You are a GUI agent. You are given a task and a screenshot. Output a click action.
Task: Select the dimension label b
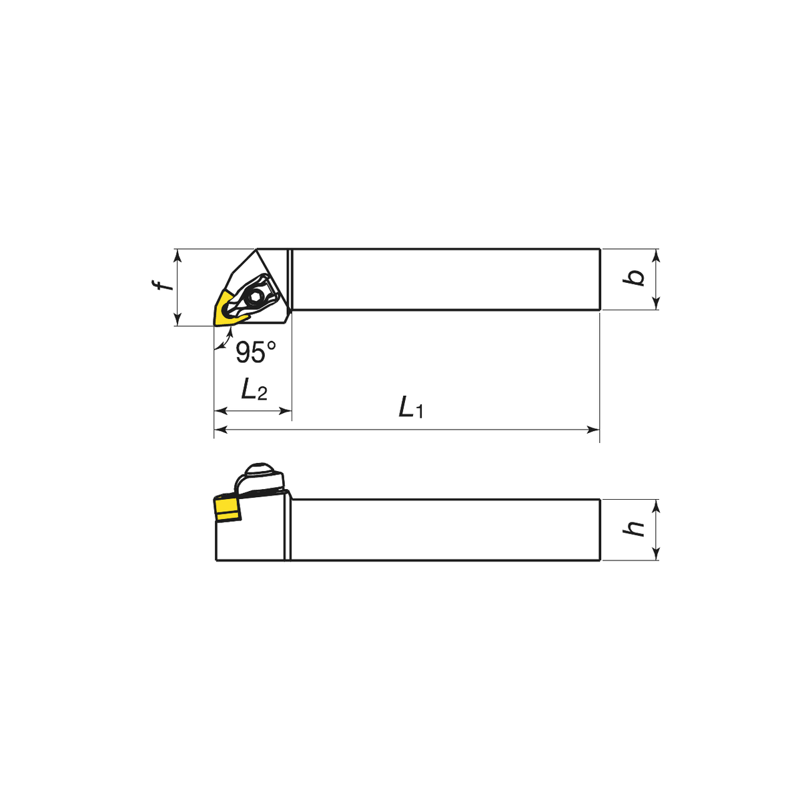[635, 278]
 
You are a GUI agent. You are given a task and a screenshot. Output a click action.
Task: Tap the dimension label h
[635, 528]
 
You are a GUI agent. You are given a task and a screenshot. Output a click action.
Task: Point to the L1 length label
[411, 407]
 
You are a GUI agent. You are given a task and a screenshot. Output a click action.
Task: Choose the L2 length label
[254, 389]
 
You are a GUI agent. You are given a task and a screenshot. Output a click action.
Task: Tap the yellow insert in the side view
[228, 509]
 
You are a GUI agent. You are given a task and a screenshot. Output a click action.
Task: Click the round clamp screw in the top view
[255, 296]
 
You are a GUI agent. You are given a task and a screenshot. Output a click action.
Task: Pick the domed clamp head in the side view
[259, 471]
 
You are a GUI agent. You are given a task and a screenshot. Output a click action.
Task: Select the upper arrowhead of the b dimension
[657, 255]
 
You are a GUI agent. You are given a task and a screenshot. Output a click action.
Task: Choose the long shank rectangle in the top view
[446, 280]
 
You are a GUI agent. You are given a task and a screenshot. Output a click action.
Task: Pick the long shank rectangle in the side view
[446, 530]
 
